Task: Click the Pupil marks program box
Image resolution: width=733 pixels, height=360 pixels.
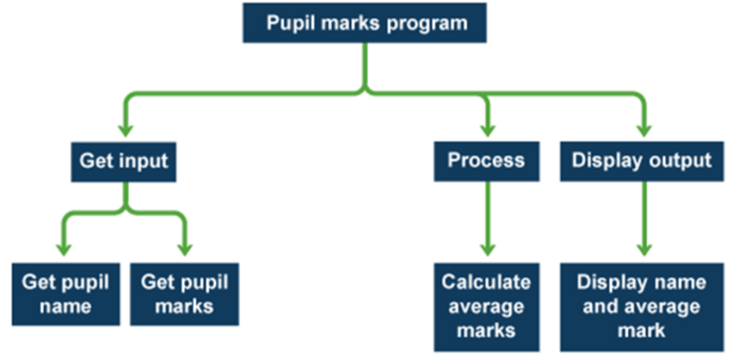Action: pyautogui.click(x=365, y=23)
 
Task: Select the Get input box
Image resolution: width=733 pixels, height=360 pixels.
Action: pyautogui.click(x=123, y=161)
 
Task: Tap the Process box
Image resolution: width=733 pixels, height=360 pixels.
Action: pyautogui.click(x=486, y=161)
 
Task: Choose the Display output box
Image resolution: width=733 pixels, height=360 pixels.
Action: pyautogui.click(x=642, y=161)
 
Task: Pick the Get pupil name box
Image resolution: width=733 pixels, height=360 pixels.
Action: pyautogui.click(x=66, y=294)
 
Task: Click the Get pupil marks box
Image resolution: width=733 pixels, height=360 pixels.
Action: pyautogui.click(x=184, y=294)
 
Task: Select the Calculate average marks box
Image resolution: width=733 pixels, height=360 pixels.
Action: pyautogui.click(x=486, y=306)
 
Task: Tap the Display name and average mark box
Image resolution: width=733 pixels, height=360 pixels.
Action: pyautogui.click(x=642, y=306)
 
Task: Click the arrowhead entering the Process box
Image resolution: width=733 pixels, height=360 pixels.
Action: pyautogui.click(x=488, y=130)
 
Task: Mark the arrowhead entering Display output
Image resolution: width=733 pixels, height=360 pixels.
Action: pyautogui.click(x=643, y=130)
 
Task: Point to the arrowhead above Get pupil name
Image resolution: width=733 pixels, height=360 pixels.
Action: pyautogui.click(x=63, y=249)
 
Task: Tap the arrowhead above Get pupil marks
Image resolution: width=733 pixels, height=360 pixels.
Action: pyautogui.click(x=185, y=249)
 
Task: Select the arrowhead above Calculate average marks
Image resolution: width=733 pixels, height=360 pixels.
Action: pyautogui.click(x=488, y=249)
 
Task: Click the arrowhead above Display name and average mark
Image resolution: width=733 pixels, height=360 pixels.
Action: pyautogui.click(x=643, y=249)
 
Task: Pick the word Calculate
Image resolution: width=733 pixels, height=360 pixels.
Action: pyautogui.click(x=486, y=282)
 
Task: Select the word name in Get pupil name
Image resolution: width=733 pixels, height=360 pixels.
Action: pyautogui.click(x=65, y=306)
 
